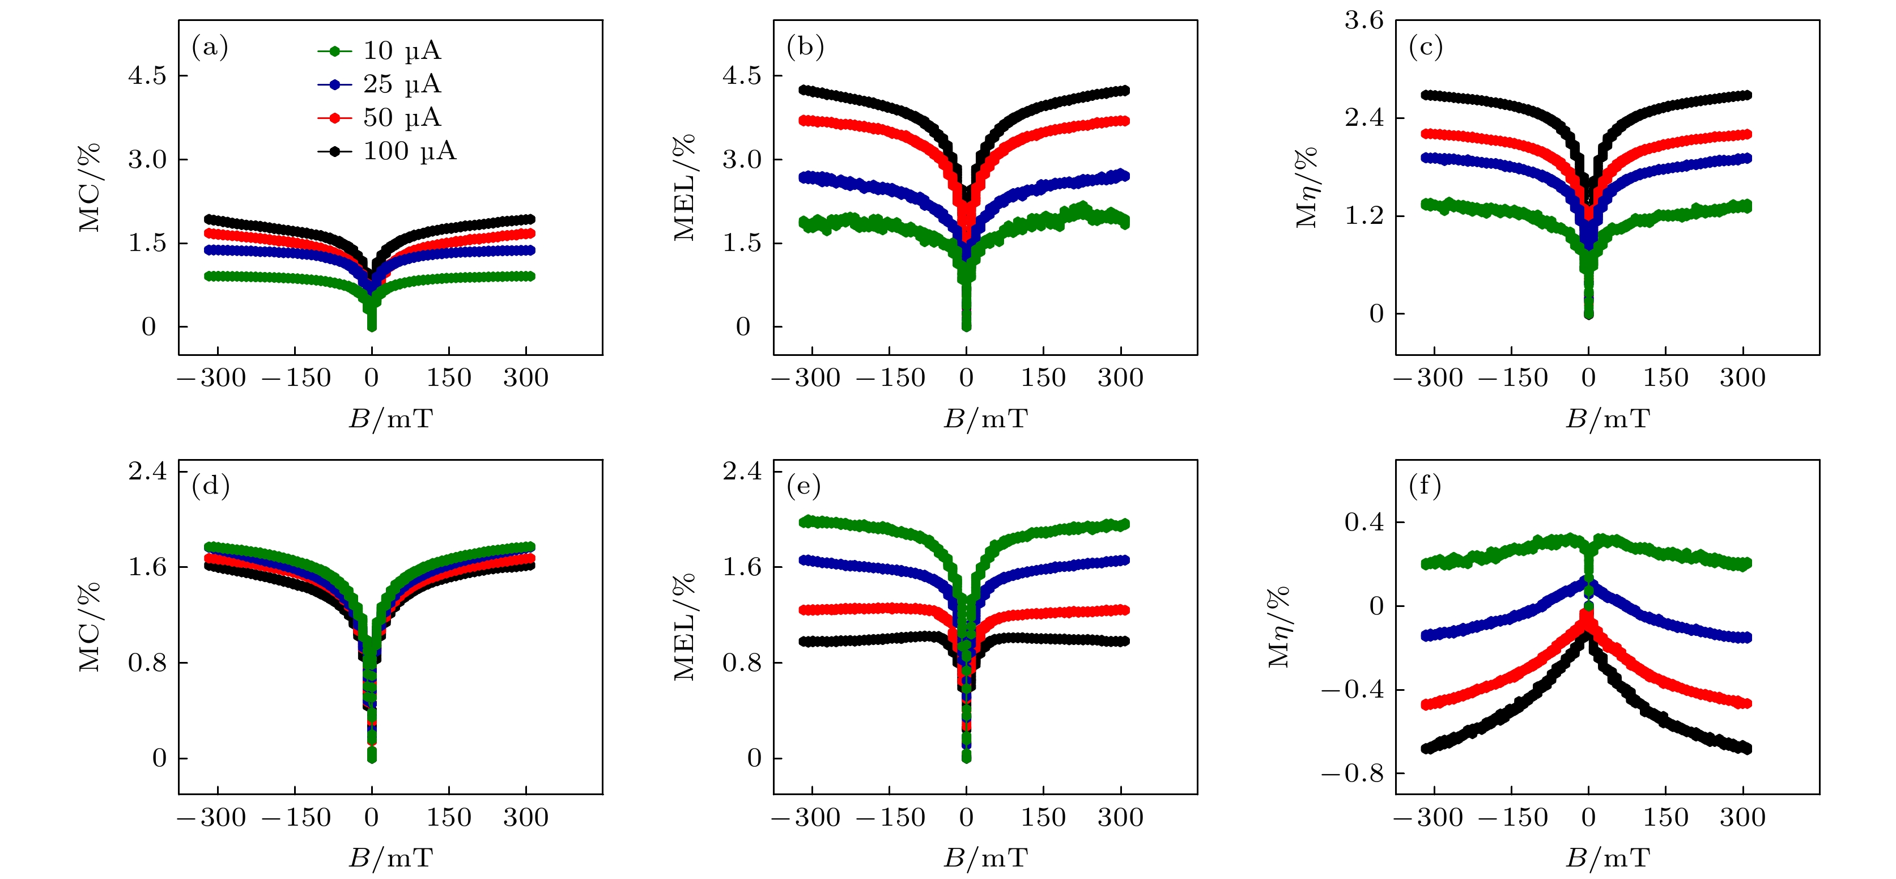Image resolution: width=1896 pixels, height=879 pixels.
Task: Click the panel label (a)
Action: tap(210, 47)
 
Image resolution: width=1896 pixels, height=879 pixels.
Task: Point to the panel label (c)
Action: tap(1426, 47)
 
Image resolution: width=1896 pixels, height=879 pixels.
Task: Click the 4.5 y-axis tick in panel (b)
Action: tap(742, 76)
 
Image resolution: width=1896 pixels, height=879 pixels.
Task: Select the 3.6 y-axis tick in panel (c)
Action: tap(1364, 20)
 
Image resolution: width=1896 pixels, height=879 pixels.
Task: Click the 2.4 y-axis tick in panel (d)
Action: tap(147, 470)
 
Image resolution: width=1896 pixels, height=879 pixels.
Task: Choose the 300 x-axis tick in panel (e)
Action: tap(1120, 818)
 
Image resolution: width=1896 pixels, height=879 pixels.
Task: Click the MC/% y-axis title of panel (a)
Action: tap(90, 188)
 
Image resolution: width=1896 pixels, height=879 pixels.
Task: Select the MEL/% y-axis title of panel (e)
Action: tap(685, 627)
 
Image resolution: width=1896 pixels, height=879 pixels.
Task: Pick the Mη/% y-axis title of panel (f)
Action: tap(1279, 627)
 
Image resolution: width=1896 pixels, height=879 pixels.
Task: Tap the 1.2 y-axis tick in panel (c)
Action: tap(1364, 216)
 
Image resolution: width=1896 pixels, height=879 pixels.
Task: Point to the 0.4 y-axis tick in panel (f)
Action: tap(1364, 523)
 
